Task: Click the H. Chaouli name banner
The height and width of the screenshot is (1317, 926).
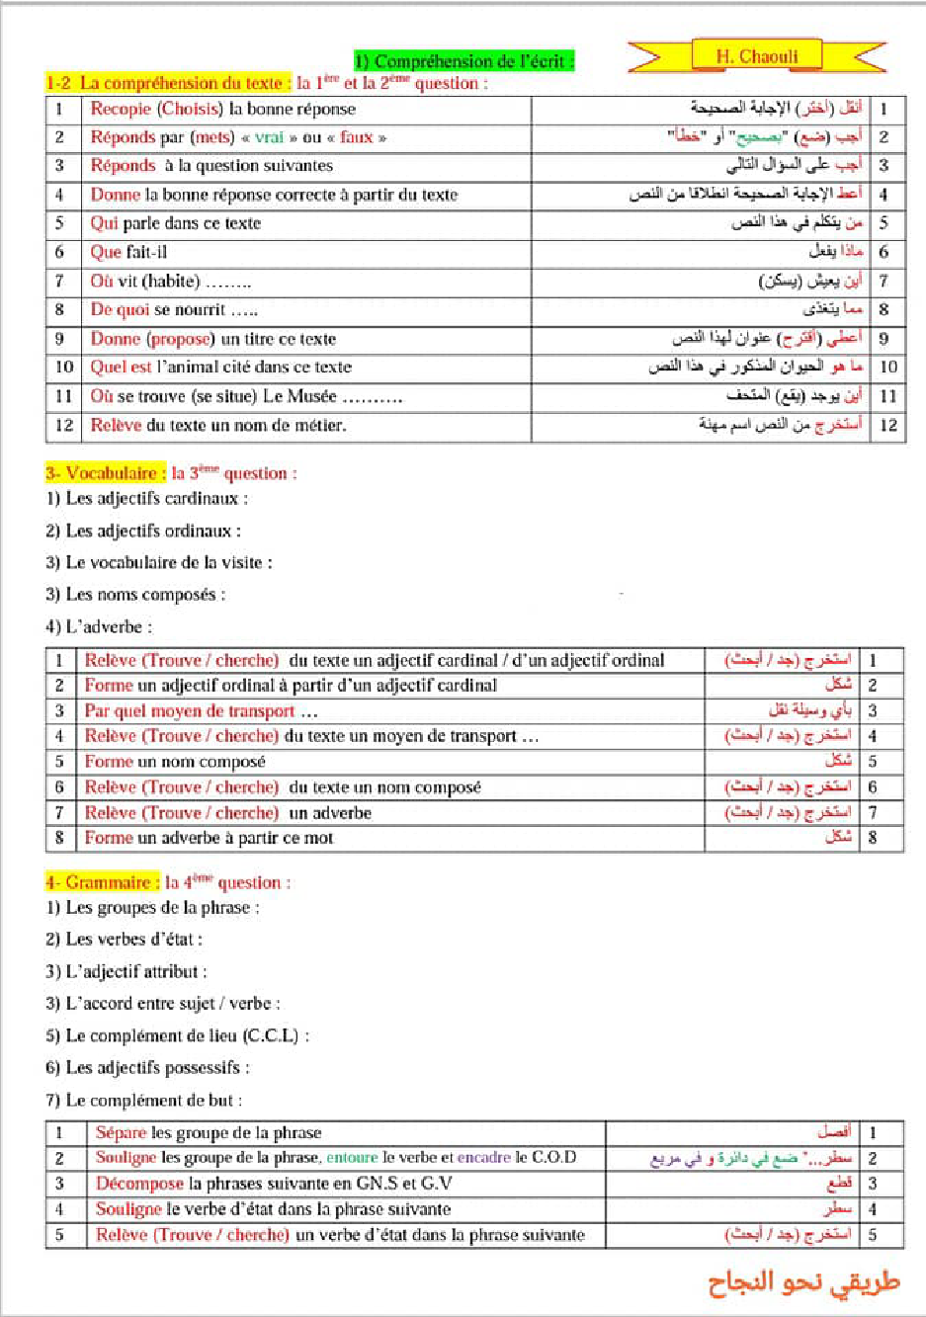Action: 757,56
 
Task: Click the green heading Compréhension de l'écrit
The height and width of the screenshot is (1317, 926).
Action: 463,61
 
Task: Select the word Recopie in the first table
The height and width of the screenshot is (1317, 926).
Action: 121,109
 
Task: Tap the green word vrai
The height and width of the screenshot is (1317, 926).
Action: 269,137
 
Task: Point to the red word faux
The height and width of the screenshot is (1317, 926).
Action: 356,137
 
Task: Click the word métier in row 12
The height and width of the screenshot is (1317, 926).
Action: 322,425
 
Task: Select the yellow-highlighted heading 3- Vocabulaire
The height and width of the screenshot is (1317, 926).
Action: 101,473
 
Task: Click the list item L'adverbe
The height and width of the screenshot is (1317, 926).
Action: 99,626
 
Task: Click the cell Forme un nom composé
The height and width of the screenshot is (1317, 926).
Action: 175,762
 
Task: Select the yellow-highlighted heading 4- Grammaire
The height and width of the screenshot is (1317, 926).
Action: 103,882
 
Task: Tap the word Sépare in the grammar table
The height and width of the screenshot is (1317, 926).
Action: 121,1132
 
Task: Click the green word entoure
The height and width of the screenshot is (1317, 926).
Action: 352,1157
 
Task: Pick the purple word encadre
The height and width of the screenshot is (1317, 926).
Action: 484,1157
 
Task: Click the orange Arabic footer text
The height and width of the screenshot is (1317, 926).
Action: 803,1283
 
